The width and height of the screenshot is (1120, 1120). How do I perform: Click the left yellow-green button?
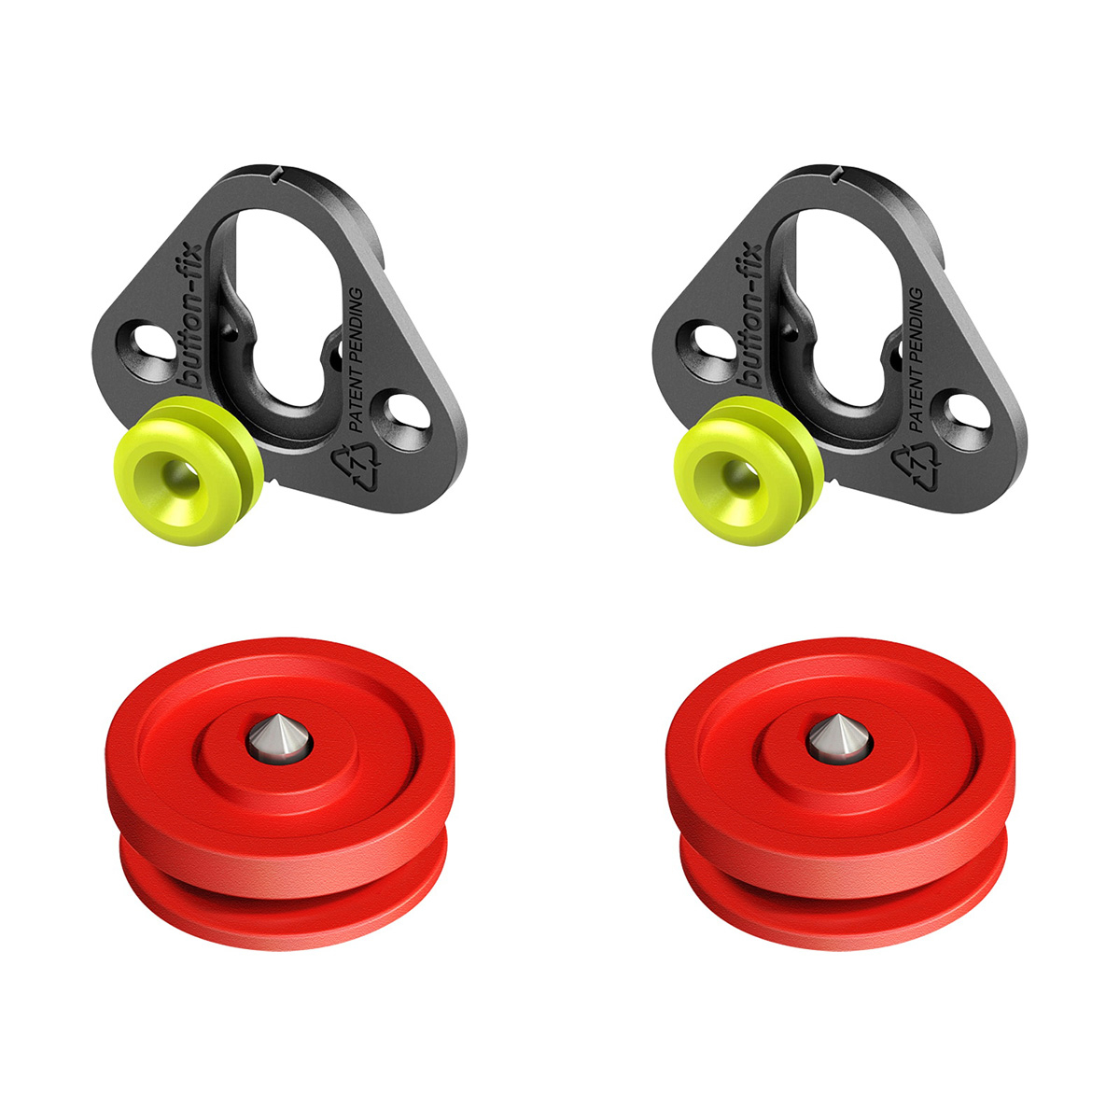[189, 471]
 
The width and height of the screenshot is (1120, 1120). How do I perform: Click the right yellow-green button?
[749, 471]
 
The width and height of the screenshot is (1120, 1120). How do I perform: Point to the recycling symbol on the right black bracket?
[916, 465]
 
